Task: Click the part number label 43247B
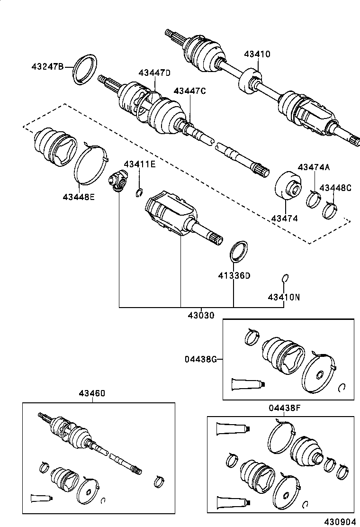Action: point(47,66)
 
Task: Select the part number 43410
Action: point(257,54)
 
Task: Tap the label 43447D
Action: point(154,73)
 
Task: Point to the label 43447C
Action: point(189,91)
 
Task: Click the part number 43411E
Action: point(140,164)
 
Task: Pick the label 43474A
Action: point(314,167)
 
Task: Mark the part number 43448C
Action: point(335,188)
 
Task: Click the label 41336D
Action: point(234,275)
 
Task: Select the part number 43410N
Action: point(284,298)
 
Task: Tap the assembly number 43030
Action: point(200,315)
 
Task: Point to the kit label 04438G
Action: point(201,359)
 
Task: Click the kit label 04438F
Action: point(284,408)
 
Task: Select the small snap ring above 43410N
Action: point(285,278)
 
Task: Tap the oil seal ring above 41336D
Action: point(238,251)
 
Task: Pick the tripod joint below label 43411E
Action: point(117,182)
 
